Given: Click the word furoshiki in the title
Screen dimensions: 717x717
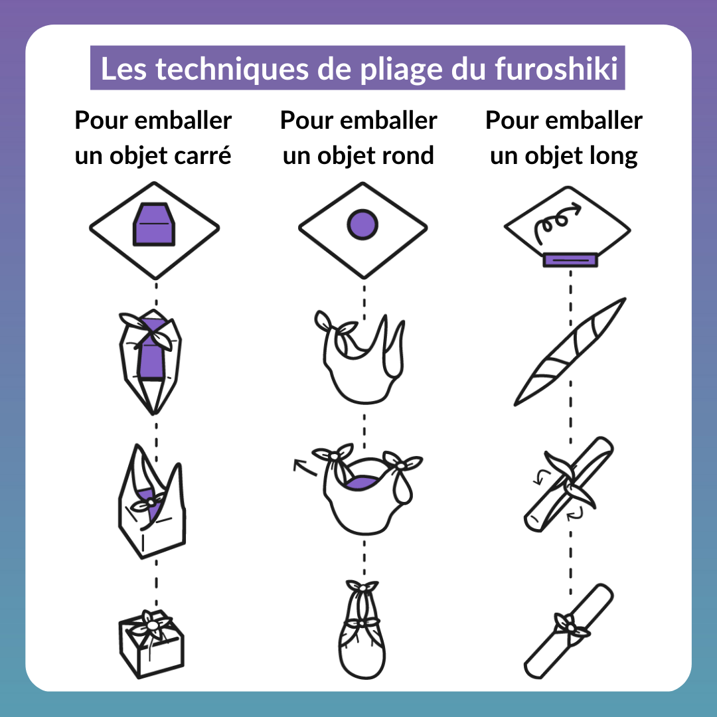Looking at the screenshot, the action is click(556, 68).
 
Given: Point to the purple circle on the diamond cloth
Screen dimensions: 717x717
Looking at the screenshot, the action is click(362, 225).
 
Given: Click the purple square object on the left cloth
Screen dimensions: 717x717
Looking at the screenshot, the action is click(154, 224).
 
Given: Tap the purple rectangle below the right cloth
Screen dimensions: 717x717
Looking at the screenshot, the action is click(570, 260).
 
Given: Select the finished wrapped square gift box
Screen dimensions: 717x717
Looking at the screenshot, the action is click(151, 644).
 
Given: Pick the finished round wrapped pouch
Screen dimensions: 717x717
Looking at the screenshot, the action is click(362, 629).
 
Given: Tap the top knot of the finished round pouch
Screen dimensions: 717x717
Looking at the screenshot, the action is click(362, 586).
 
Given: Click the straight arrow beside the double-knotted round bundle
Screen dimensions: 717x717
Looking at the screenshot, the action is click(305, 467).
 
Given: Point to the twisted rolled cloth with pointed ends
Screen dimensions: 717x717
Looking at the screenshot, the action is click(570, 352).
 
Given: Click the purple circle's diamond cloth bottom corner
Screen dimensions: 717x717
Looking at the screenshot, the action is click(364, 278).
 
